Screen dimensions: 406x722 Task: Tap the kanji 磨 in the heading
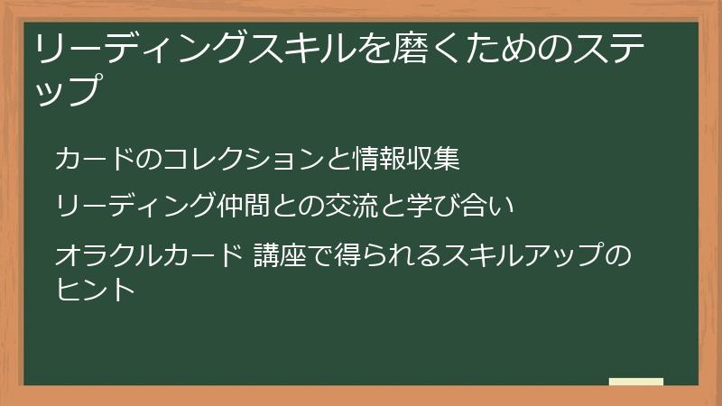click(x=411, y=47)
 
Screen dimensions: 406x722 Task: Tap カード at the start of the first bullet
click(x=94, y=159)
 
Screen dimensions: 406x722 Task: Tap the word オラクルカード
click(x=147, y=256)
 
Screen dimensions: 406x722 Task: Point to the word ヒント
click(x=95, y=290)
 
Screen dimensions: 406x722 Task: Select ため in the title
click(x=493, y=47)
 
